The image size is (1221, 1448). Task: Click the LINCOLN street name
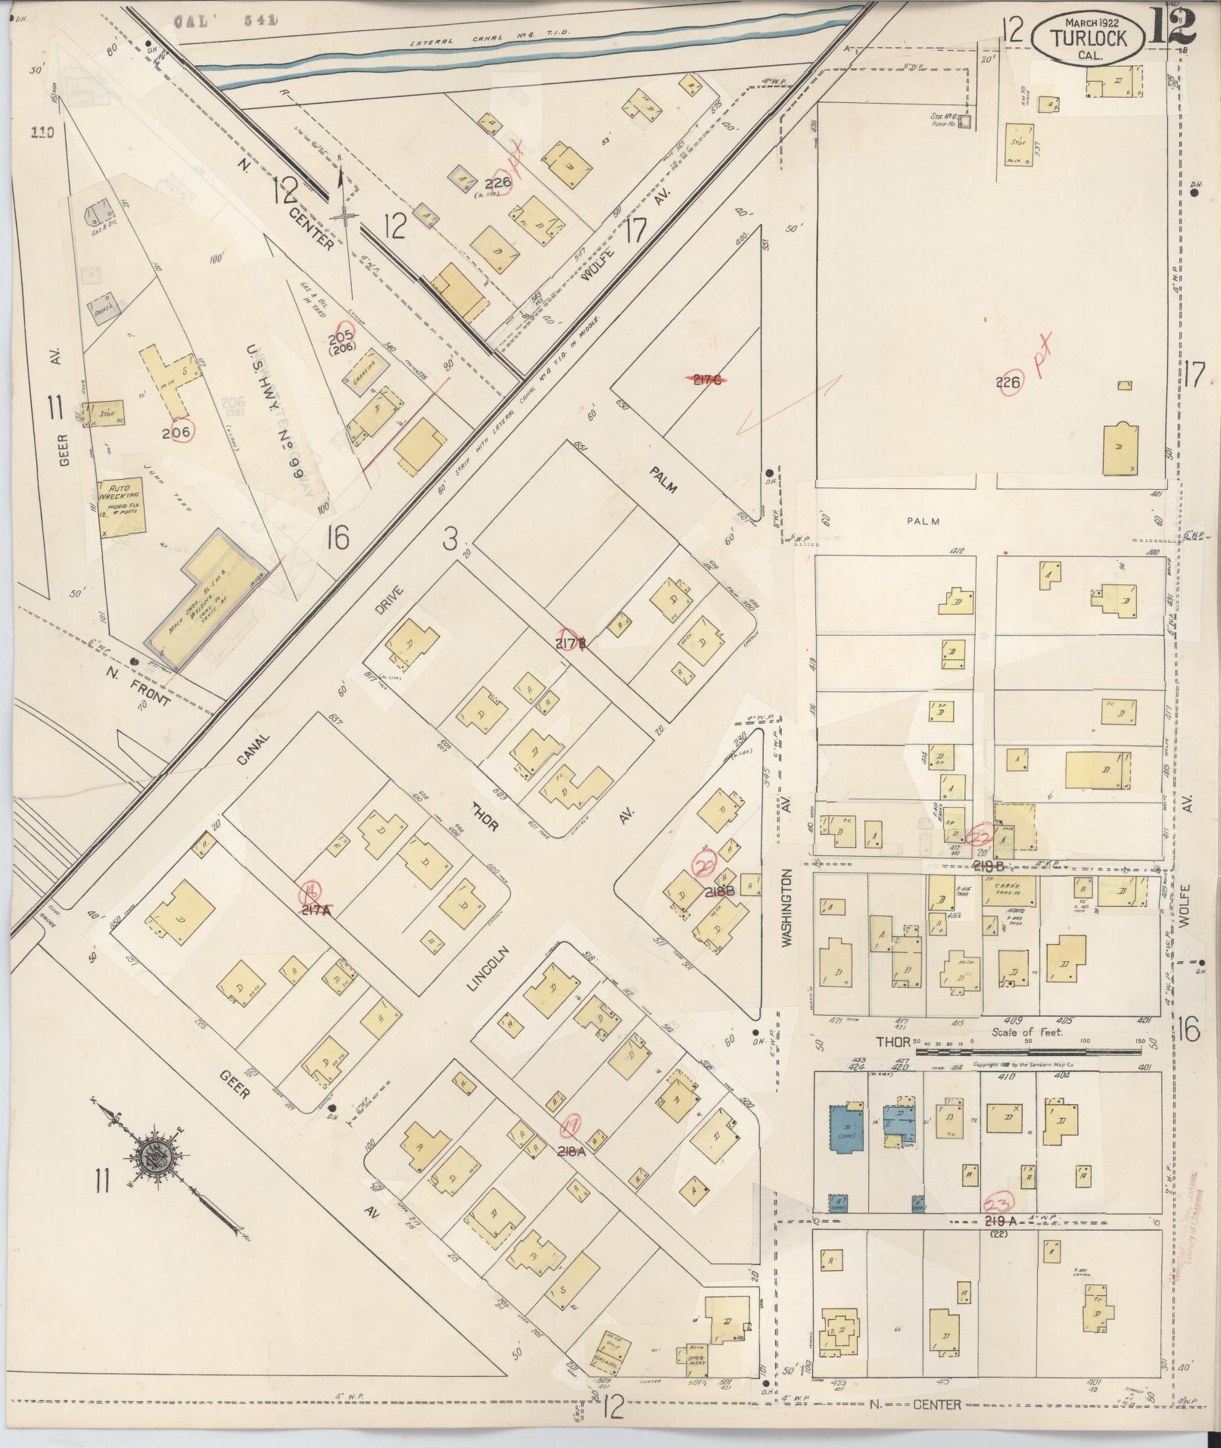[480, 971]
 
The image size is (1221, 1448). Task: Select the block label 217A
[316, 911]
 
